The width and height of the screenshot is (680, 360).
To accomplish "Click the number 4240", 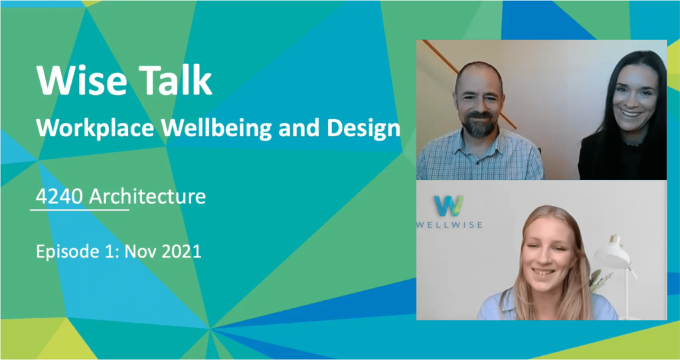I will click(58, 197).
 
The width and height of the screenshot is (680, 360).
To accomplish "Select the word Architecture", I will click(147, 197).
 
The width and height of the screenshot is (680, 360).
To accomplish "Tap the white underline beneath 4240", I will click(80, 210).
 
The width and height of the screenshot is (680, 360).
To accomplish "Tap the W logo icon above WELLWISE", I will click(449, 206).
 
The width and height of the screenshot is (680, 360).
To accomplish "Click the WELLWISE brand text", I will click(450, 225).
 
